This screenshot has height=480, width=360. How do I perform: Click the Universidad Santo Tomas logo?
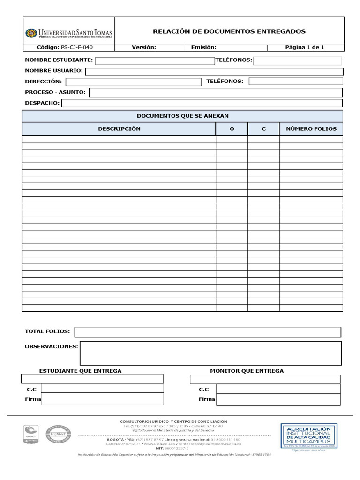pos(68,33)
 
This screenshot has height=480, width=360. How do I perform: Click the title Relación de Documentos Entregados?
pos(229,31)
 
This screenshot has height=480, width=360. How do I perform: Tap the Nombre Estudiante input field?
pos(155,60)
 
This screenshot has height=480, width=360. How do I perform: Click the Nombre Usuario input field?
pos(214,72)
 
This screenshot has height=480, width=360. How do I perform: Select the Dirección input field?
pos(133,82)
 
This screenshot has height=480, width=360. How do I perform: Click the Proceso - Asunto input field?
pos(216,93)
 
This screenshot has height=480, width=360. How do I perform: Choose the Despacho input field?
pos(202,103)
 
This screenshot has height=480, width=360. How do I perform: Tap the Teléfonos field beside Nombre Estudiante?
pos(297,60)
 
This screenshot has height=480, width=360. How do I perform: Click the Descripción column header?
pos(119,129)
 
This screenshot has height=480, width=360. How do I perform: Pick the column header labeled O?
pos(232,129)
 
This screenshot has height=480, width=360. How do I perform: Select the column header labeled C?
pos(263,129)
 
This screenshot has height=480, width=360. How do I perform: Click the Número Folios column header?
pos(311,129)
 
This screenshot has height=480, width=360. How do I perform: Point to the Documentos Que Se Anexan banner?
pos(182,116)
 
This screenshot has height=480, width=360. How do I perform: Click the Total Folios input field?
pos(208,332)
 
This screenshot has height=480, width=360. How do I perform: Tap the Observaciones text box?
pos(210,353)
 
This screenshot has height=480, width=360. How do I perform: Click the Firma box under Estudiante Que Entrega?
pos(102,399)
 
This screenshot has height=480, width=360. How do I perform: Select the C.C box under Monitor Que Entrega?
pos(278,389)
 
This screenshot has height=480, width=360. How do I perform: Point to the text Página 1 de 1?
pos(304,47)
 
